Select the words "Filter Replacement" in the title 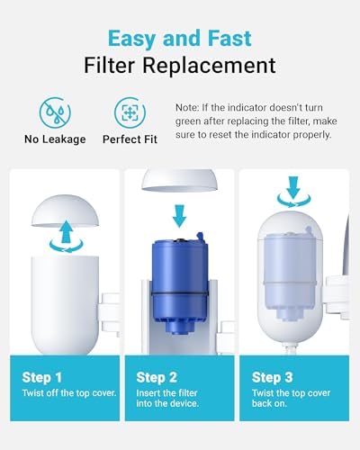[180, 66]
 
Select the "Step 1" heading [44, 378]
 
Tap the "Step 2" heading [157, 378]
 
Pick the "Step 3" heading [272, 378]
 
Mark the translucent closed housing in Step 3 [291, 270]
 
